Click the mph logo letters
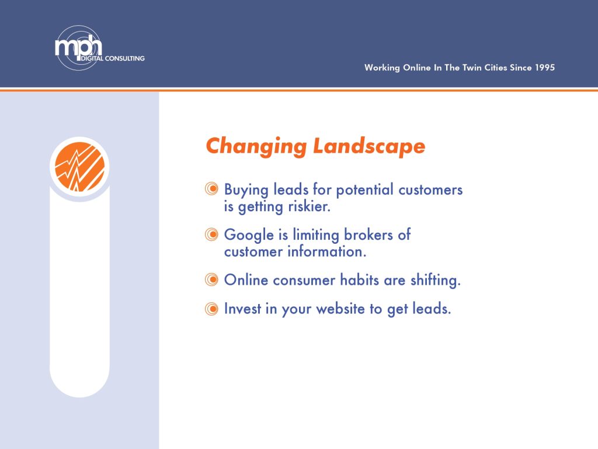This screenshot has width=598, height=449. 79,46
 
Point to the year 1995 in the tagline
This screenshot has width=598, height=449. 545,68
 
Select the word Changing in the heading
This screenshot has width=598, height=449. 256,147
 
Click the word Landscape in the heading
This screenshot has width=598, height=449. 369,146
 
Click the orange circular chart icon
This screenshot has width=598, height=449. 79,167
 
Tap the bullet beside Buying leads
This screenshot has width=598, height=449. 211,189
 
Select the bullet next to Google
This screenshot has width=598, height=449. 211,234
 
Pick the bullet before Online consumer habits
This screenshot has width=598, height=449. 211,279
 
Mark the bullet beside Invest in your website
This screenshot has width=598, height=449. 211,309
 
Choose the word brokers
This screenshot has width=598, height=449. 368,234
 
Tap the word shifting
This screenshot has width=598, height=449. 436,280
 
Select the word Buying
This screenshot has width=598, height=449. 246,190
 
